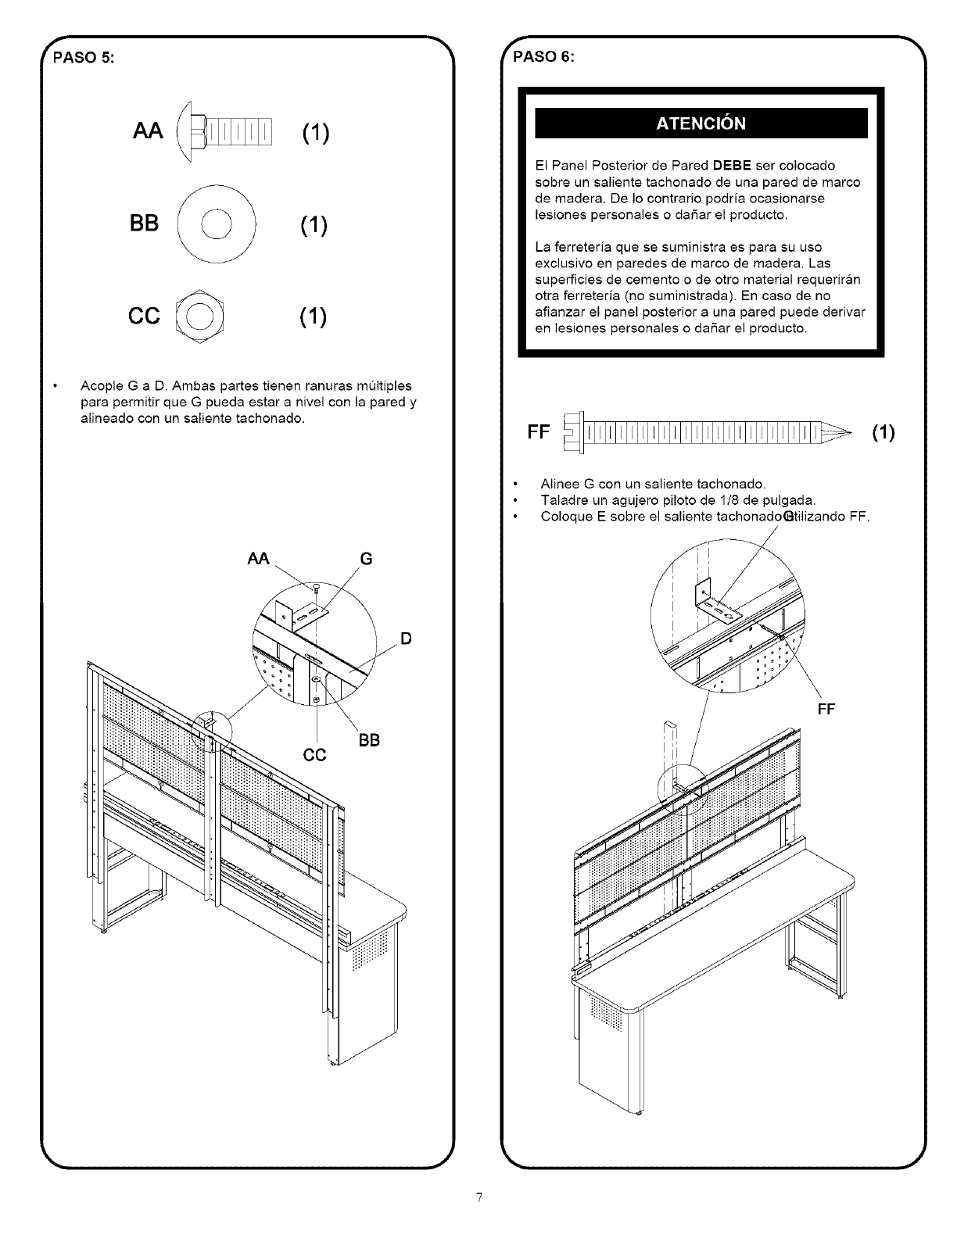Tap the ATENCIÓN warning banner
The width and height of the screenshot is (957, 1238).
coord(701,123)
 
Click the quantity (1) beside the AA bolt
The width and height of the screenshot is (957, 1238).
coord(313,133)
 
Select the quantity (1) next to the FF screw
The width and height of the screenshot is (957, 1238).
coord(883,432)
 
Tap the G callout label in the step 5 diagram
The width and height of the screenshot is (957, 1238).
coord(366,559)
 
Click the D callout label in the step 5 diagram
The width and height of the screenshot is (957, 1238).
coord(406,639)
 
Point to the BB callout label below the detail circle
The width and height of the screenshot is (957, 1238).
coord(369,740)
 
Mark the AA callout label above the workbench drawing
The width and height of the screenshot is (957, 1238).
coord(258,559)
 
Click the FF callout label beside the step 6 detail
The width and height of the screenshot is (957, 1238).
coord(826,709)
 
